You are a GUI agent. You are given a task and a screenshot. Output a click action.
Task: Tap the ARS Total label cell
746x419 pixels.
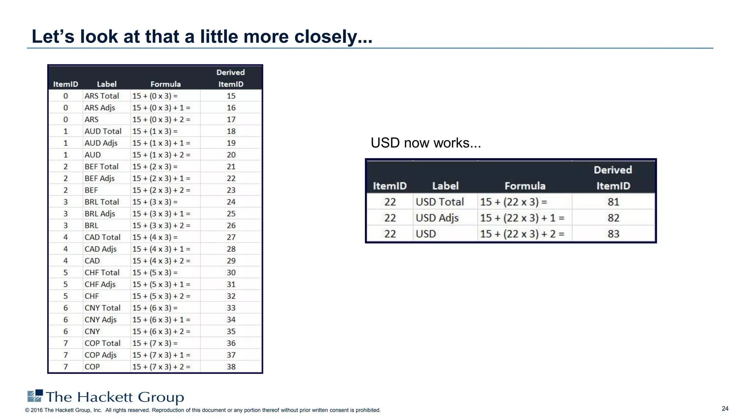click(x=102, y=96)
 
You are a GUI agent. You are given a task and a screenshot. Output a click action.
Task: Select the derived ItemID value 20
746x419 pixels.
click(x=231, y=155)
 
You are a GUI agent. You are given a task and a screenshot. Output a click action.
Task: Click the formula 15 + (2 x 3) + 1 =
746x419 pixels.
click(x=161, y=179)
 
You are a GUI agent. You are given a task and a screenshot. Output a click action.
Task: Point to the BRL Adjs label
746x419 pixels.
click(x=100, y=214)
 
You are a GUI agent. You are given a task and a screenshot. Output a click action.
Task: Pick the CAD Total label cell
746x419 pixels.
click(x=102, y=238)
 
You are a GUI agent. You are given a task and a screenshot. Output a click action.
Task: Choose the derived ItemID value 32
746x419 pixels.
click(x=231, y=296)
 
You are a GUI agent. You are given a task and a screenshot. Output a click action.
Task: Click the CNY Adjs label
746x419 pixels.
click(x=101, y=320)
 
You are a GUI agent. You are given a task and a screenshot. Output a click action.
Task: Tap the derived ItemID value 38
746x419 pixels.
click(x=231, y=367)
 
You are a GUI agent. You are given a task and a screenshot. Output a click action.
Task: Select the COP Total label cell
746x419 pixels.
click(x=102, y=343)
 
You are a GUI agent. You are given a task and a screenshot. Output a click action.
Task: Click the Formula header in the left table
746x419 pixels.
click(x=165, y=84)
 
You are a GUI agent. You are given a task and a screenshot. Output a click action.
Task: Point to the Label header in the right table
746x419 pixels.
click(x=445, y=186)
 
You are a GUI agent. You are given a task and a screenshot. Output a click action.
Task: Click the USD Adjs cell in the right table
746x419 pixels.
click(x=437, y=218)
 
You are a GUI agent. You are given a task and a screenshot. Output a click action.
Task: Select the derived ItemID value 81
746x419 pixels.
click(x=613, y=202)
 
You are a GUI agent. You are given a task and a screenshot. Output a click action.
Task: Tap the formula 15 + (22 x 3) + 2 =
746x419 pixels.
click(x=522, y=234)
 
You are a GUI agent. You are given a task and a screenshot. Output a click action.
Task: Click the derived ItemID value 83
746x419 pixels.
click(x=613, y=234)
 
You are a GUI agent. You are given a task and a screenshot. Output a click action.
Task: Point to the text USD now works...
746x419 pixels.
click(x=425, y=143)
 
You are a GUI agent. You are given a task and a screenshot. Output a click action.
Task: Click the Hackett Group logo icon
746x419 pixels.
click(x=35, y=396)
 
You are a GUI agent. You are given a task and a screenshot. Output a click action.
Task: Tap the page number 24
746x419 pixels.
click(x=725, y=408)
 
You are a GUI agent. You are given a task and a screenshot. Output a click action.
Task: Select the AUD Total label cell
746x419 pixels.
click(x=103, y=131)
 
